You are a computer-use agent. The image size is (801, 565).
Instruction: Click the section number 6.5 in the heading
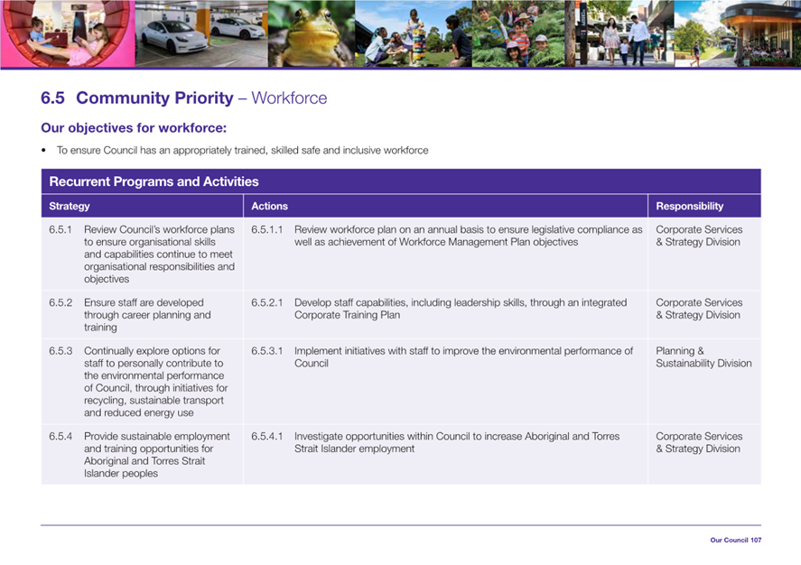(52, 98)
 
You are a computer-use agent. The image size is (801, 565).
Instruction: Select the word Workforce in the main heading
(289, 98)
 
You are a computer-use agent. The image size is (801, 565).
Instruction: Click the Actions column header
(269, 206)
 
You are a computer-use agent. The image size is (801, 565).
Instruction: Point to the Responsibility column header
(690, 206)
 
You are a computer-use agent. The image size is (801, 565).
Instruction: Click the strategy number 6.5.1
(61, 229)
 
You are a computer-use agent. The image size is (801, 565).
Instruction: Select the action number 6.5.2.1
(266, 302)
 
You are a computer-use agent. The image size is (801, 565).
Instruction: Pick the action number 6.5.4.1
(266, 436)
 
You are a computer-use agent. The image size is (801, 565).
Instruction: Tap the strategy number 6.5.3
(61, 351)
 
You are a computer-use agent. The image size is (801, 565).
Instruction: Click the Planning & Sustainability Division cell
(703, 357)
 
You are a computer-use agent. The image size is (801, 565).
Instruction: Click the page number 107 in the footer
(756, 540)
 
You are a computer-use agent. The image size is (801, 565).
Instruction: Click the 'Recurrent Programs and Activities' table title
(154, 181)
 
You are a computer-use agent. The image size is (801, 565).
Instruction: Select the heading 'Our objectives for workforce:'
(134, 127)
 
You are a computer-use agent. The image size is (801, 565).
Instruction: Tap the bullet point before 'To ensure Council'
(44, 151)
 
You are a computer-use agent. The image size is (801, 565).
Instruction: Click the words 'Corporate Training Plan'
(347, 315)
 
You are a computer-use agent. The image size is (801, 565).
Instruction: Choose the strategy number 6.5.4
(61, 436)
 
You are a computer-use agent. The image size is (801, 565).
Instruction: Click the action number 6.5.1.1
(266, 229)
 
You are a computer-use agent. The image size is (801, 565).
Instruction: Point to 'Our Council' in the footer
(729, 540)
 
